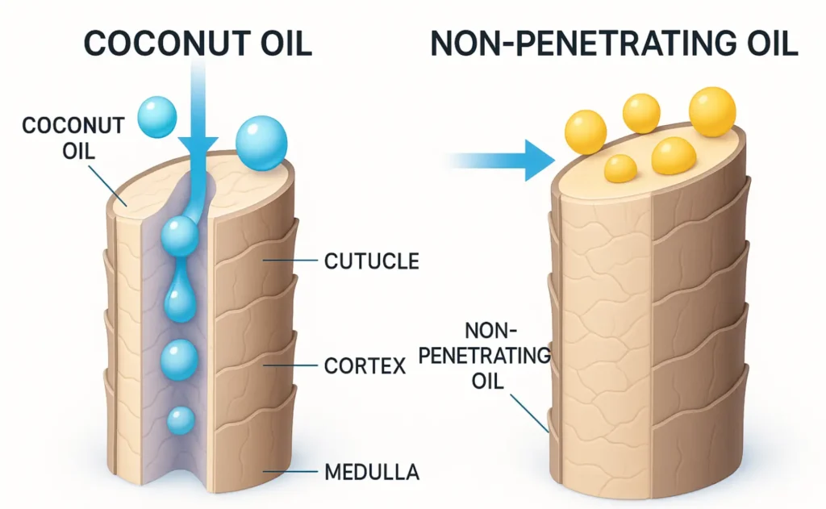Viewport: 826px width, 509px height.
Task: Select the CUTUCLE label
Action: pos(371,261)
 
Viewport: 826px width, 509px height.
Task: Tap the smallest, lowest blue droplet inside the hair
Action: pos(180,419)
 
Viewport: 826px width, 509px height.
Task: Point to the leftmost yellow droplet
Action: pos(584,132)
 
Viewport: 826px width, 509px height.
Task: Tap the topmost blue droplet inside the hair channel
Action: pos(179,237)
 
